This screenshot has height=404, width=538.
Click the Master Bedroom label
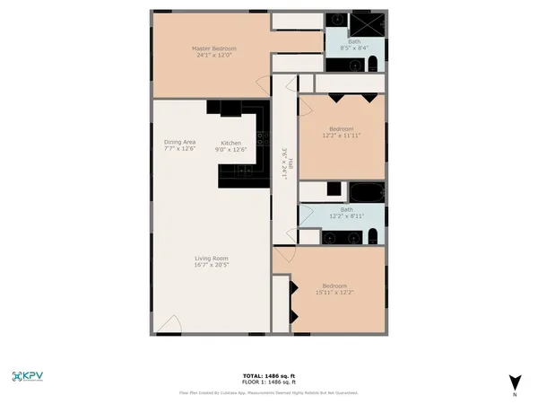tap(212, 48)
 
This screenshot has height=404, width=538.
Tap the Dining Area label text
tap(179, 142)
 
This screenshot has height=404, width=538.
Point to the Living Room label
tap(212, 259)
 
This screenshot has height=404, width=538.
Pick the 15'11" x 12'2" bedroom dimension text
tap(334, 292)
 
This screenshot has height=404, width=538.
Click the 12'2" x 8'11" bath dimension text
tap(346, 216)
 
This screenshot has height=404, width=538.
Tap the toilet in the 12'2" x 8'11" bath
tap(370, 238)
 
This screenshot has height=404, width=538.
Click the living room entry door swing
tap(168, 325)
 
